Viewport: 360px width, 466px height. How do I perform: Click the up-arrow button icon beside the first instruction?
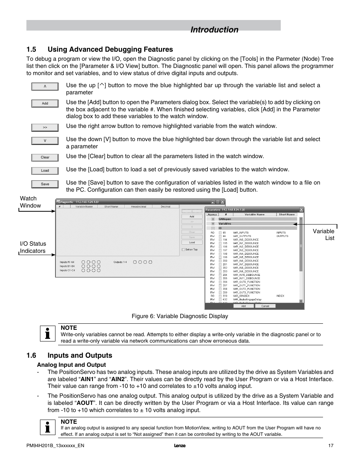coord(45,86)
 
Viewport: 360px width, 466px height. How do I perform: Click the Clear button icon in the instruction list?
coord(45,157)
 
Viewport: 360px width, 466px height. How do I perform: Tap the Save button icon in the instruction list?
coord(45,184)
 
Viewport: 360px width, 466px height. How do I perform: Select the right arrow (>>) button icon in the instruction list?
coord(45,128)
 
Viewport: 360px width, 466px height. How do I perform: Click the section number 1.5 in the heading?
coord(31,49)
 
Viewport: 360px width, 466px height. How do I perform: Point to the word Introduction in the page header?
coord(214,30)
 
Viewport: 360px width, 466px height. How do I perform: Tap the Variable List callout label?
coord(324,234)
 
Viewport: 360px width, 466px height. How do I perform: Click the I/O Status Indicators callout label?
coord(33,247)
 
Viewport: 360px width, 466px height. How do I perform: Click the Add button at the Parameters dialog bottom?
coord(243,306)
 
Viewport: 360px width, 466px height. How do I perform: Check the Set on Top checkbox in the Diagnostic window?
coord(183,249)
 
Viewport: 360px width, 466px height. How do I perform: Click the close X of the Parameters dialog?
coord(301,210)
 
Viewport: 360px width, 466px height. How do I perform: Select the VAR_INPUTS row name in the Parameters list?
coord(241,233)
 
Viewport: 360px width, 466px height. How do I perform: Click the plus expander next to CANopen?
coord(213,219)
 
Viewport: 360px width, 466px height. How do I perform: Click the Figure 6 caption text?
coord(180,316)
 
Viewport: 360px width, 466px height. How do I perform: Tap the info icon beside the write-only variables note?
coord(48,334)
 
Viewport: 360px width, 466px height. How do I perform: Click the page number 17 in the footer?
coord(331,446)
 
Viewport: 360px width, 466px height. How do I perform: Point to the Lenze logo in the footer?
coord(180,446)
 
